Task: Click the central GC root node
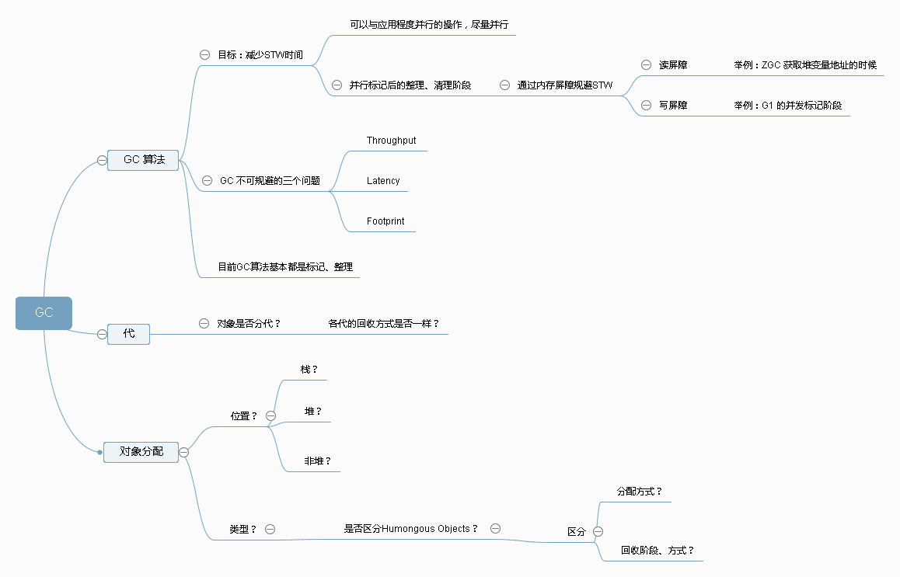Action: click(44, 313)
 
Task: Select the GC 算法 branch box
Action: click(144, 160)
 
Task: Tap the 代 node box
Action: click(129, 334)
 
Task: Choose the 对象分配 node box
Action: click(141, 451)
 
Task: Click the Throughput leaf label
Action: click(391, 141)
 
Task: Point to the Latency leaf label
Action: click(383, 181)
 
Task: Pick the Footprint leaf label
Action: click(385, 221)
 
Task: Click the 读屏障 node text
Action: click(673, 65)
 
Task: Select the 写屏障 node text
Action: click(673, 105)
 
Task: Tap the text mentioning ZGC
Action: click(804, 65)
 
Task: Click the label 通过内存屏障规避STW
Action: click(565, 85)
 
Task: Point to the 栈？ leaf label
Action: click(309, 370)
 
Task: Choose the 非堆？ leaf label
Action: click(317, 461)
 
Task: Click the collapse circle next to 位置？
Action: click(270, 416)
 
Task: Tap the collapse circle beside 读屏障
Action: click(646, 65)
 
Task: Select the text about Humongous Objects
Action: click(411, 529)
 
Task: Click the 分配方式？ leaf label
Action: click(639, 492)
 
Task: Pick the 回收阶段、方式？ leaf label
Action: click(657, 551)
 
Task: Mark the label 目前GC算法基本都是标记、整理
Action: click(286, 267)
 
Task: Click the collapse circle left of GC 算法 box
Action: click(102, 160)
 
